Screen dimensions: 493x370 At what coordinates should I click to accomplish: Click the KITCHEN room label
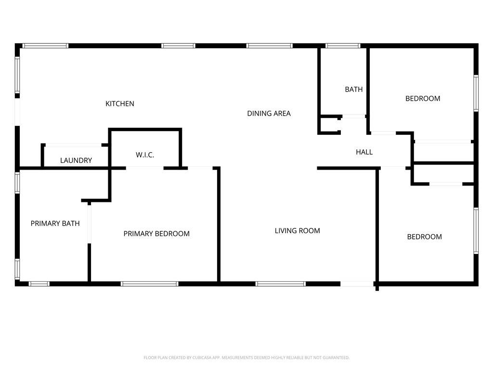(120, 104)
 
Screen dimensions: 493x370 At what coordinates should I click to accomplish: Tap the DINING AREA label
(269, 113)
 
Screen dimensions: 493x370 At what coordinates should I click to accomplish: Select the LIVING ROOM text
(298, 231)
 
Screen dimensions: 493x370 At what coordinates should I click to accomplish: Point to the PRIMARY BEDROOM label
(156, 234)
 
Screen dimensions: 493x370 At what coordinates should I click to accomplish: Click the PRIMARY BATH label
(55, 224)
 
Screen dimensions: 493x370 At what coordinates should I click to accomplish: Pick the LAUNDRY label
(76, 160)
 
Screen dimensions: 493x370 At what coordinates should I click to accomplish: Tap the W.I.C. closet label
(145, 155)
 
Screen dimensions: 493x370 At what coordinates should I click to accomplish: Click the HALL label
(364, 152)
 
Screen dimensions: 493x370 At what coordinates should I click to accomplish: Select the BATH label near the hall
(354, 89)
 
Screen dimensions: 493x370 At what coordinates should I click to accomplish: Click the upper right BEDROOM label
(423, 98)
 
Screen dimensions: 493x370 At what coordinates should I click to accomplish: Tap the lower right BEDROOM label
(425, 237)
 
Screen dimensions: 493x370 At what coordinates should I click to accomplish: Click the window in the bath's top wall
(343, 46)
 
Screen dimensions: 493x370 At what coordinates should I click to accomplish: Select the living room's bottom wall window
(281, 284)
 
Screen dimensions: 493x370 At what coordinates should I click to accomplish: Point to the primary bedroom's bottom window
(150, 284)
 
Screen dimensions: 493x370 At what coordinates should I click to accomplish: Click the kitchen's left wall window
(17, 75)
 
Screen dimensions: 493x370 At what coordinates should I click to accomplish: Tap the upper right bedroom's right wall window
(476, 93)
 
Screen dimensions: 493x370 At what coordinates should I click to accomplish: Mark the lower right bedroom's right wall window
(476, 231)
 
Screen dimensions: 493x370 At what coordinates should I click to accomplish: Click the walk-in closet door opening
(145, 168)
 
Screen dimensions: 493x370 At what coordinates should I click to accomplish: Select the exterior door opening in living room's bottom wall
(357, 284)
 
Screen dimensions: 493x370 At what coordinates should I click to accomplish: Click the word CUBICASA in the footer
(201, 357)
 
